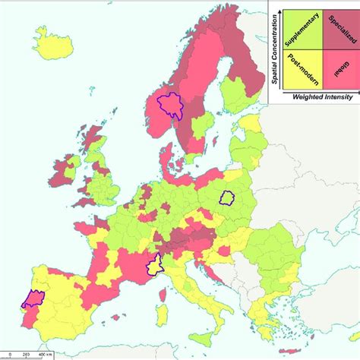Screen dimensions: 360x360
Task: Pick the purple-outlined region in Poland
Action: tap(227, 197)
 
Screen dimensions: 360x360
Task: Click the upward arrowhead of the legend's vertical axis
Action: tap(281, 9)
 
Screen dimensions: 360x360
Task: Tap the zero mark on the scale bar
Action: tap(6, 355)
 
